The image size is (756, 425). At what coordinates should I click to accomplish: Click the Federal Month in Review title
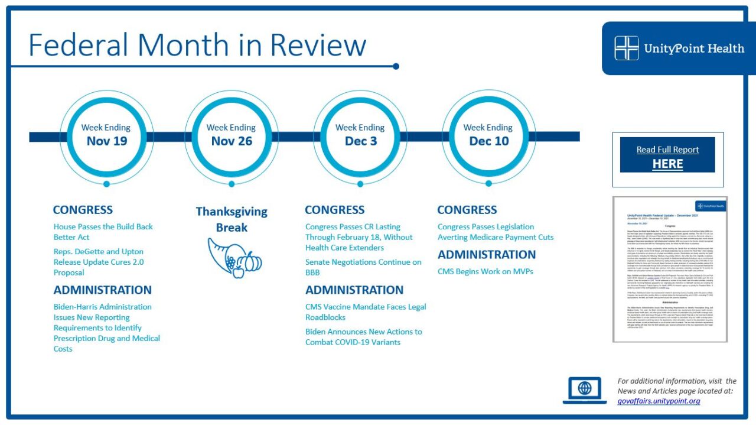point(197,45)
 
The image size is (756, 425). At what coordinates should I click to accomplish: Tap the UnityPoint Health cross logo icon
point(626,48)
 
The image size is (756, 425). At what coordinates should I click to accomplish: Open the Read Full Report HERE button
point(667,156)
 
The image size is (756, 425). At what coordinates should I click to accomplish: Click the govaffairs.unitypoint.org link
point(659,401)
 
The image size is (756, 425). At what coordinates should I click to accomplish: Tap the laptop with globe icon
point(584,390)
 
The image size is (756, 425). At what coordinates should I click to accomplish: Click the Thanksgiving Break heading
point(232,219)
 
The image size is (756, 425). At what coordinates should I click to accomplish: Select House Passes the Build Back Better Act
point(103,232)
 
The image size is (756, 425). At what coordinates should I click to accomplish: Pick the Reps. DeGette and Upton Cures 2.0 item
point(99,262)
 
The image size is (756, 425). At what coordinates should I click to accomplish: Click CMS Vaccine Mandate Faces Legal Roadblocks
point(365,312)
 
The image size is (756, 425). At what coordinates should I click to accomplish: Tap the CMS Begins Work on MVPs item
point(485,272)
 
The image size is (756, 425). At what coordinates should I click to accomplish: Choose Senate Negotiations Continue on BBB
point(363,267)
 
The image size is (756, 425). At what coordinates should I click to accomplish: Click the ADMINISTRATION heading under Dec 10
point(486,255)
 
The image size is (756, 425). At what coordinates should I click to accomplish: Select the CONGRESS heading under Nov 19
point(83,210)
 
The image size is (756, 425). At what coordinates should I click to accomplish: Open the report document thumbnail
point(669,269)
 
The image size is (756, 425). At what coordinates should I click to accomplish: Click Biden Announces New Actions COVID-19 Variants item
point(363,337)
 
